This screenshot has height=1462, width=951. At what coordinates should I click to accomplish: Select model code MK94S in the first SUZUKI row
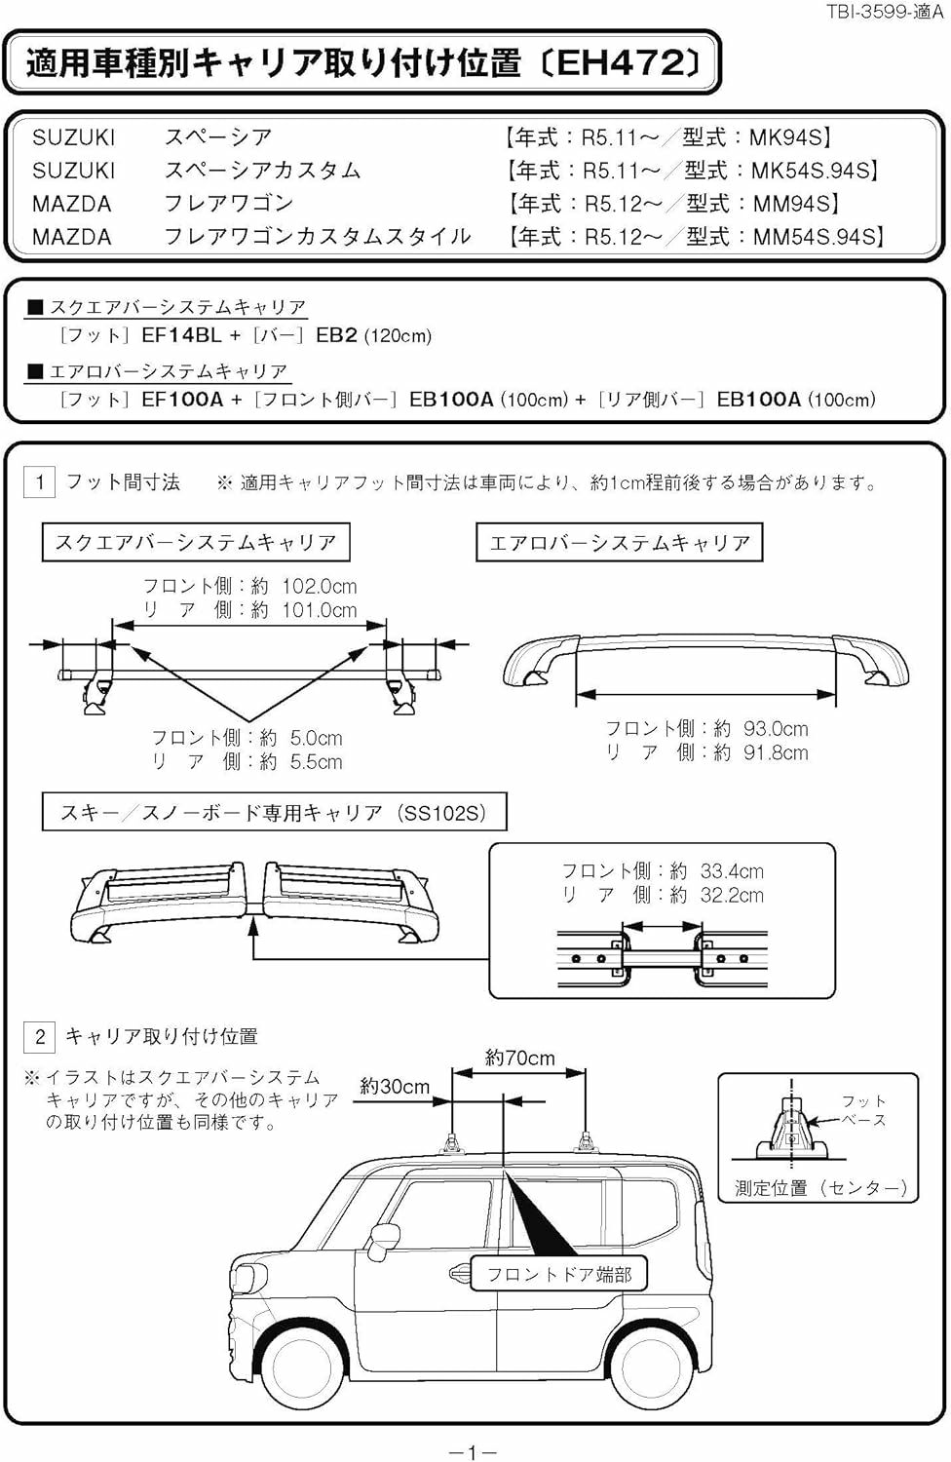pyautogui.click(x=789, y=137)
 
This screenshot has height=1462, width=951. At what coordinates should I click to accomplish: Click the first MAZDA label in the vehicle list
pyautogui.click(x=71, y=204)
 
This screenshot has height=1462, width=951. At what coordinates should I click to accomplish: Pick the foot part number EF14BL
pyautogui.click(x=181, y=335)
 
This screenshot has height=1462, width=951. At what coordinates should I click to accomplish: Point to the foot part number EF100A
pyautogui.click(x=182, y=399)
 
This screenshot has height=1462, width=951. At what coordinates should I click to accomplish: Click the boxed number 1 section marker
pyautogui.click(x=40, y=482)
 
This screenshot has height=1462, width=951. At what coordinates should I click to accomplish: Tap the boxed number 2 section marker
pyautogui.click(x=40, y=1036)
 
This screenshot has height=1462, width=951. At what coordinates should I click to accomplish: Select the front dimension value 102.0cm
pyautogui.click(x=319, y=587)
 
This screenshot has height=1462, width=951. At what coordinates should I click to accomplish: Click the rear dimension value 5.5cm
pyautogui.click(x=316, y=762)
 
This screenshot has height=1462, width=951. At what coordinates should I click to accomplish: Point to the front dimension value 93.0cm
pyautogui.click(x=776, y=728)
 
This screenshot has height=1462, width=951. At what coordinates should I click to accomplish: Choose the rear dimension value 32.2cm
pyautogui.click(x=732, y=895)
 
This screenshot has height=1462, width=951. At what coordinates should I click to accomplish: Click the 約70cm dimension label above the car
pyautogui.click(x=519, y=1058)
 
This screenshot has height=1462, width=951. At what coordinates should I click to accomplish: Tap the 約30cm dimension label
pyautogui.click(x=395, y=1086)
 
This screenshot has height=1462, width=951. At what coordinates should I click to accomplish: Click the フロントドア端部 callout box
pyautogui.click(x=559, y=1274)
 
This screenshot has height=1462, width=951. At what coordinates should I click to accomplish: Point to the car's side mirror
pyautogui.click(x=386, y=1236)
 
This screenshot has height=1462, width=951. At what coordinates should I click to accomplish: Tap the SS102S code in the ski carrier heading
pyautogui.click(x=443, y=813)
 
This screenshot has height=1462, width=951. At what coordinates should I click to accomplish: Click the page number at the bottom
pyautogui.click(x=473, y=1453)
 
